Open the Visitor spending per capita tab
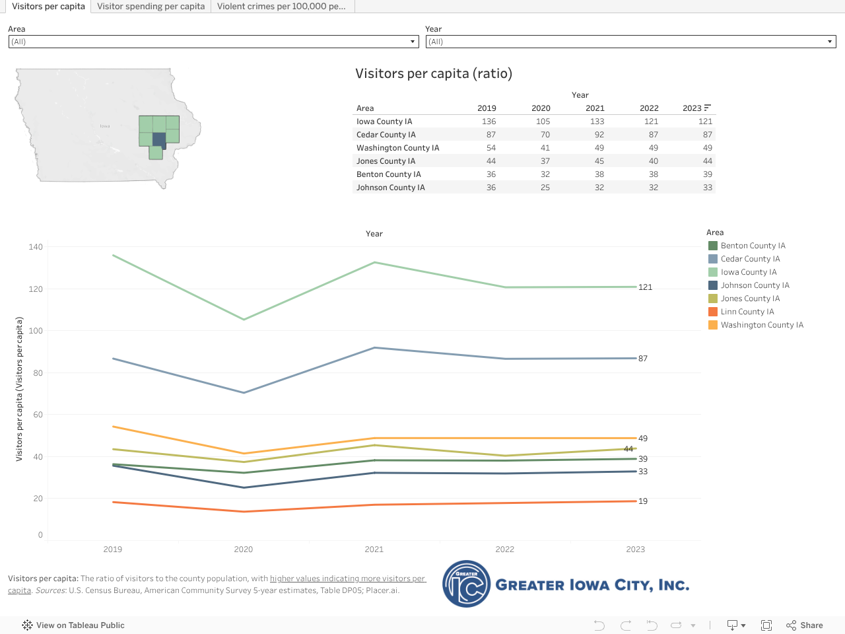click(x=151, y=7)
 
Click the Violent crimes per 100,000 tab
click(x=281, y=7)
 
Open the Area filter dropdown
click(x=213, y=42)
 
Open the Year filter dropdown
click(x=630, y=42)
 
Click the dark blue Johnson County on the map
click(x=159, y=139)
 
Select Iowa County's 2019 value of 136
click(x=489, y=122)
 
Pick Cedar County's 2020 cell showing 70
click(x=545, y=135)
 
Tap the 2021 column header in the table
click(x=595, y=108)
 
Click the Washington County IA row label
click(x=397, y=148)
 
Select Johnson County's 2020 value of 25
click(x=545, y=188)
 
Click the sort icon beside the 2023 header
click(x=708, y=108)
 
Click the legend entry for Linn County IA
click(x=747, y=312)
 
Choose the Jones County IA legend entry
click(x=749, y=299)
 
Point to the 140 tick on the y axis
click(x=36, y=247)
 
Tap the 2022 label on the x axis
click(x=504, y=549)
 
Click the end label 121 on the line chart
click(x=645, y=287)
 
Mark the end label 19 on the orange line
click(x=643, y=501)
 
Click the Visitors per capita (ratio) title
click(x=434, y=73)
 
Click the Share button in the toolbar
click(x=805, y=625)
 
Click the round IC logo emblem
click(x=467, y=584)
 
